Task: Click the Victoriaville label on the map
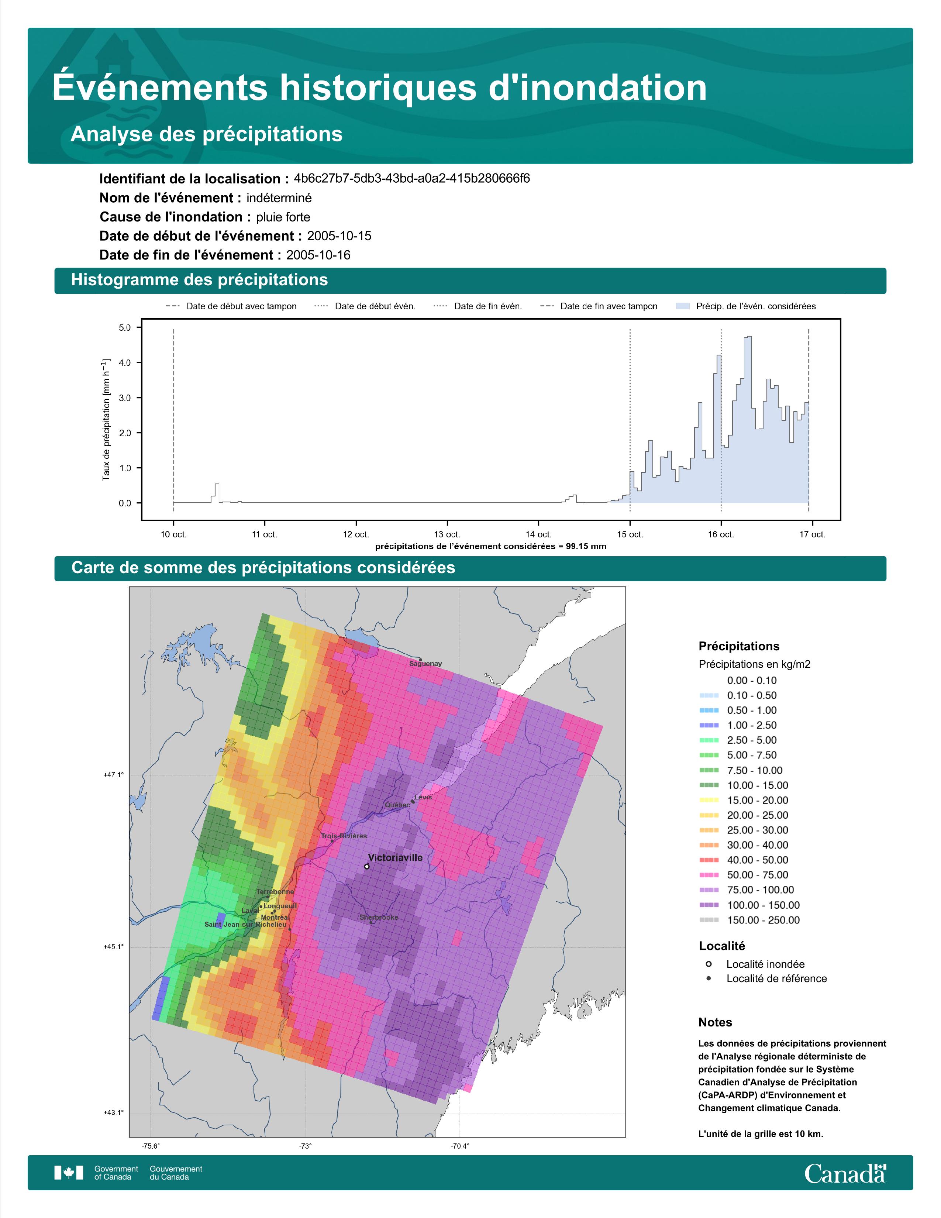[x=395, y=858]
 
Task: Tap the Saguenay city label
[x=425, y=664]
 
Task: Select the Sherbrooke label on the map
[x=379, y=918]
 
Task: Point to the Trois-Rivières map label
[x=344, y=836]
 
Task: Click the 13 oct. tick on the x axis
[x=447, y=534]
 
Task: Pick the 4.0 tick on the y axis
[x=124, y=362]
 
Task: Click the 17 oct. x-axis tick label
[x=812, y=534]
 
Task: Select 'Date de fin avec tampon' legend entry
[x=599, y=306]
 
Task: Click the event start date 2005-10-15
[x=339, y=236]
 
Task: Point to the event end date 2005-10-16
[x=318, y=255]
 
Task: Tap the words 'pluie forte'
[x=283, y=217]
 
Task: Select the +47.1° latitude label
[x=114, y=775]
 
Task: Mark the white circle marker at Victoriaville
[x=366, y=866]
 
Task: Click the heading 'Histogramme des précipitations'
[x=200, y=280]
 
